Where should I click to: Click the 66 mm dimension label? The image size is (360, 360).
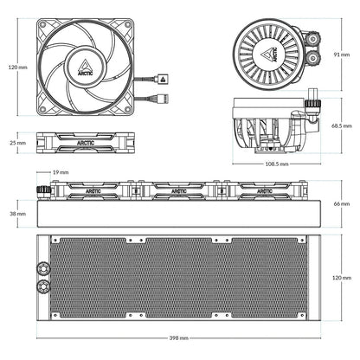[x=343, y=203]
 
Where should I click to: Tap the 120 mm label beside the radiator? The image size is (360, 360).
[x=341, y=278]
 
